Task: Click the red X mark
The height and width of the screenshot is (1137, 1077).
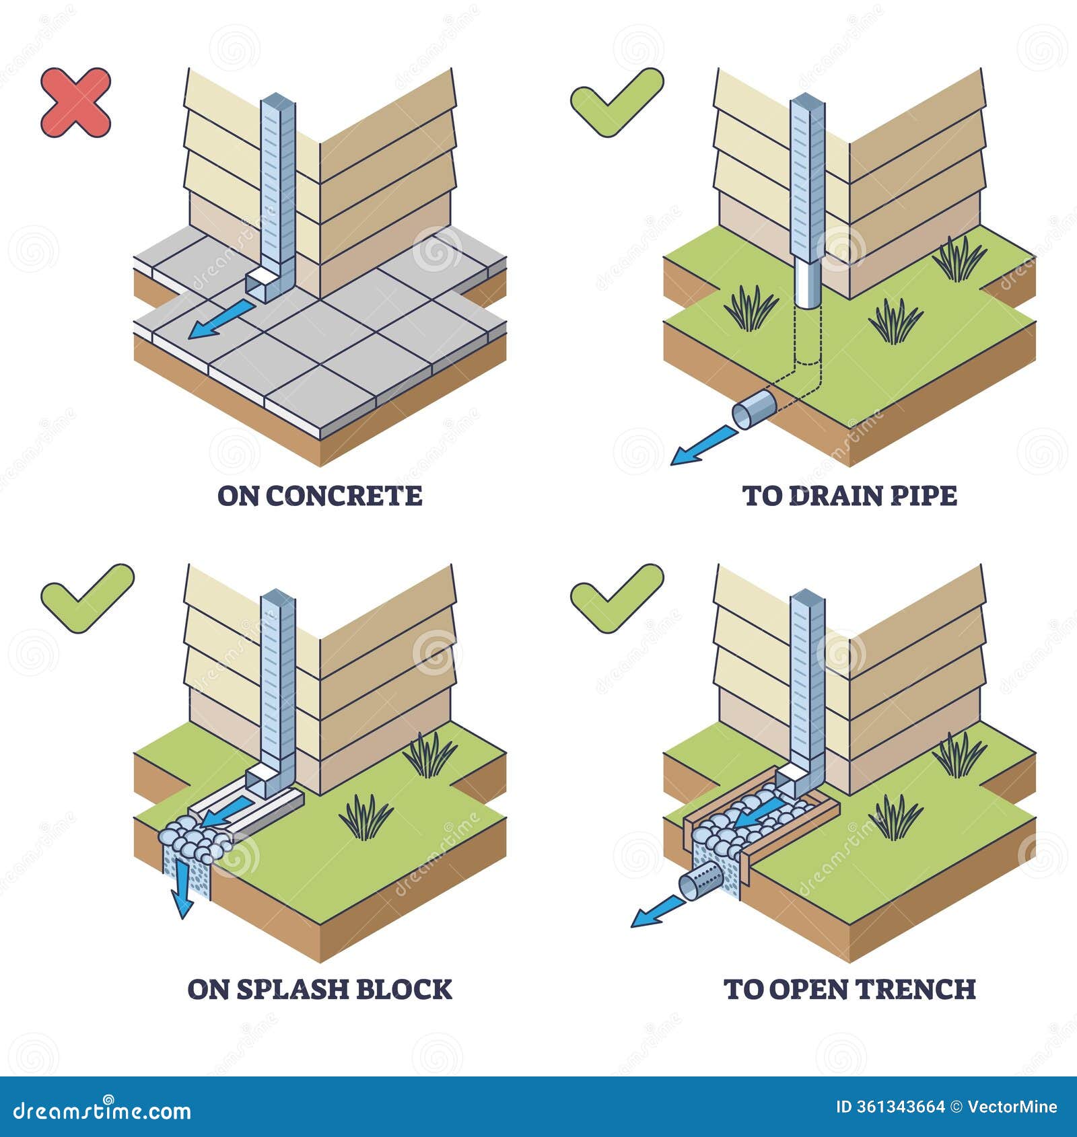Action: [x=75, y=102]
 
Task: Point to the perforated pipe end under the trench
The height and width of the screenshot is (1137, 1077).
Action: [x=700, y=882]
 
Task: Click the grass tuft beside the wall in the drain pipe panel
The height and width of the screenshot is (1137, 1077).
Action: [x=959, y=259]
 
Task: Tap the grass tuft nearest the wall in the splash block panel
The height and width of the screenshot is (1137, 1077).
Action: [x=429, y=754]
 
